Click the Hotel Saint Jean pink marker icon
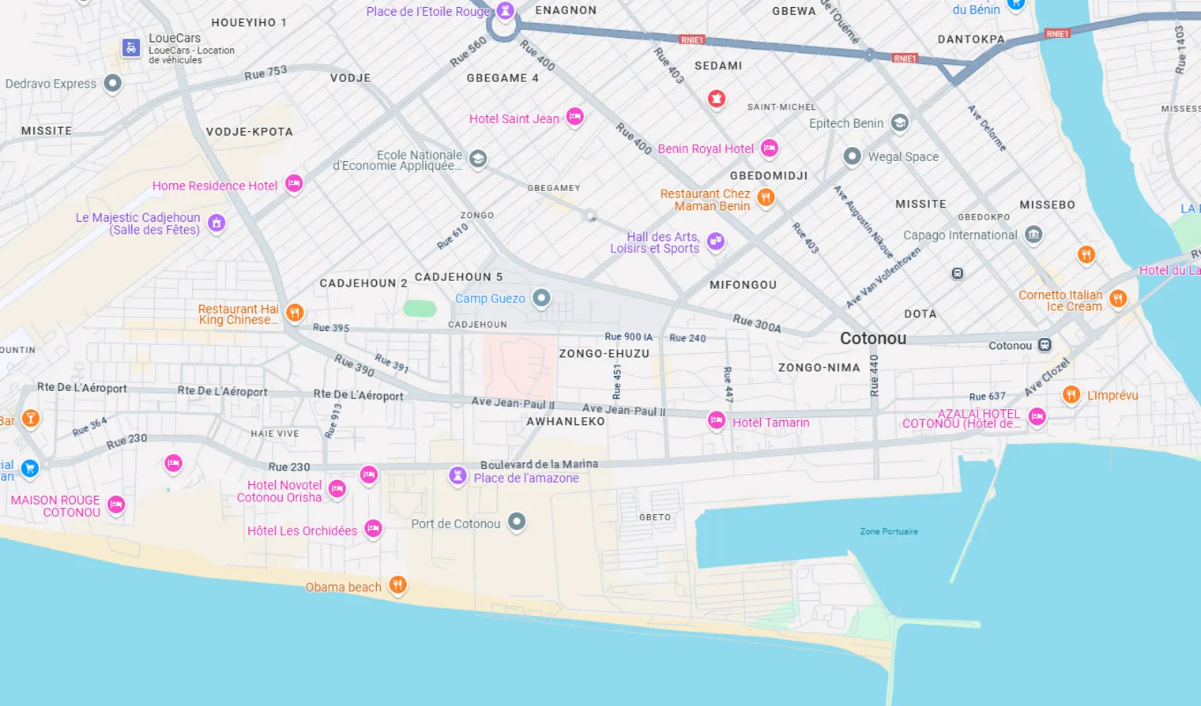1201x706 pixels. (574, 117)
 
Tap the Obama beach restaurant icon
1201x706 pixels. (397, 584)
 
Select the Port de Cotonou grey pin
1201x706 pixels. (517, 521)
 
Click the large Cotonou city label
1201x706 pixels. (873, 338)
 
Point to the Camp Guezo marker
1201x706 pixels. (541, 298)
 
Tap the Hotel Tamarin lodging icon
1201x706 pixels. (717, 420)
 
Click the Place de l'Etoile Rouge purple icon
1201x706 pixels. (506, 11)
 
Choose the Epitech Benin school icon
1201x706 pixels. (899, 122)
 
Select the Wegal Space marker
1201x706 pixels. (852, 156)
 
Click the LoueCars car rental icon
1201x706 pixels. (131, 48)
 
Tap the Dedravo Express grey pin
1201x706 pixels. (113, 83)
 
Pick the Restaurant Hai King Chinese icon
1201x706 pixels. (294, 313)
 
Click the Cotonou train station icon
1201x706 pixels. (1045, 345)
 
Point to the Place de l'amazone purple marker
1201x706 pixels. (457, 475)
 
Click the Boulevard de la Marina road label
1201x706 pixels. (539, 464)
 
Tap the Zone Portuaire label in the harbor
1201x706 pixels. (889, 531)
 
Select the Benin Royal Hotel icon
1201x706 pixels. (770, 148)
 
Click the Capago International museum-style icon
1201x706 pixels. (1033, 235)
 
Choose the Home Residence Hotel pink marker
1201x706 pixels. (294, 183)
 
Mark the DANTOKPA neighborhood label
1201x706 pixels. (971, 39)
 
